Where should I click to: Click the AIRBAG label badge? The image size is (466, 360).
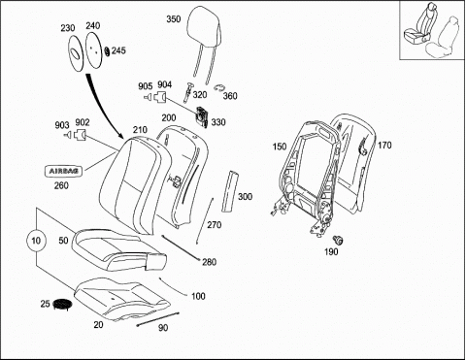click(63, 171)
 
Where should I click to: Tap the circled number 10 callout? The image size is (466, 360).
click(36, 241)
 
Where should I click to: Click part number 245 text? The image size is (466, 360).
click(118, 50)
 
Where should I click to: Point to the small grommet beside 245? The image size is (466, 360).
click(107, 51)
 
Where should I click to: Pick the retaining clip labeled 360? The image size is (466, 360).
click(219, 88)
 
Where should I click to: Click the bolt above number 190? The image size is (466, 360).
click(338, 240)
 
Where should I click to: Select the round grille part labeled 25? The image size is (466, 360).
click(62, 305)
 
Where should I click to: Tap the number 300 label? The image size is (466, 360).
click(245, 197)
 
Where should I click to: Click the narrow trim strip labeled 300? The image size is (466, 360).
click(230, 191)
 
